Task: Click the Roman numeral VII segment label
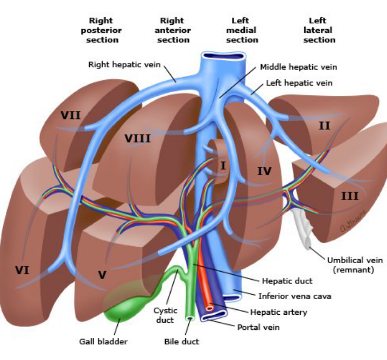[71, 115]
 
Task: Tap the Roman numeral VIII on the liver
[138, 139]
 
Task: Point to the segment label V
[102, 275]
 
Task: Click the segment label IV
[264, 171]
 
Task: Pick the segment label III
[349, 196]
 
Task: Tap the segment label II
[324, 126]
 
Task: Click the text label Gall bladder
[103, 341]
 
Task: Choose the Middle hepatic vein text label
[298, 67]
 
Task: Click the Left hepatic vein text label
[299, 83]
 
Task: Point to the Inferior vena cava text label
[294, 296]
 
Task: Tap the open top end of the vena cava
[223, 56]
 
